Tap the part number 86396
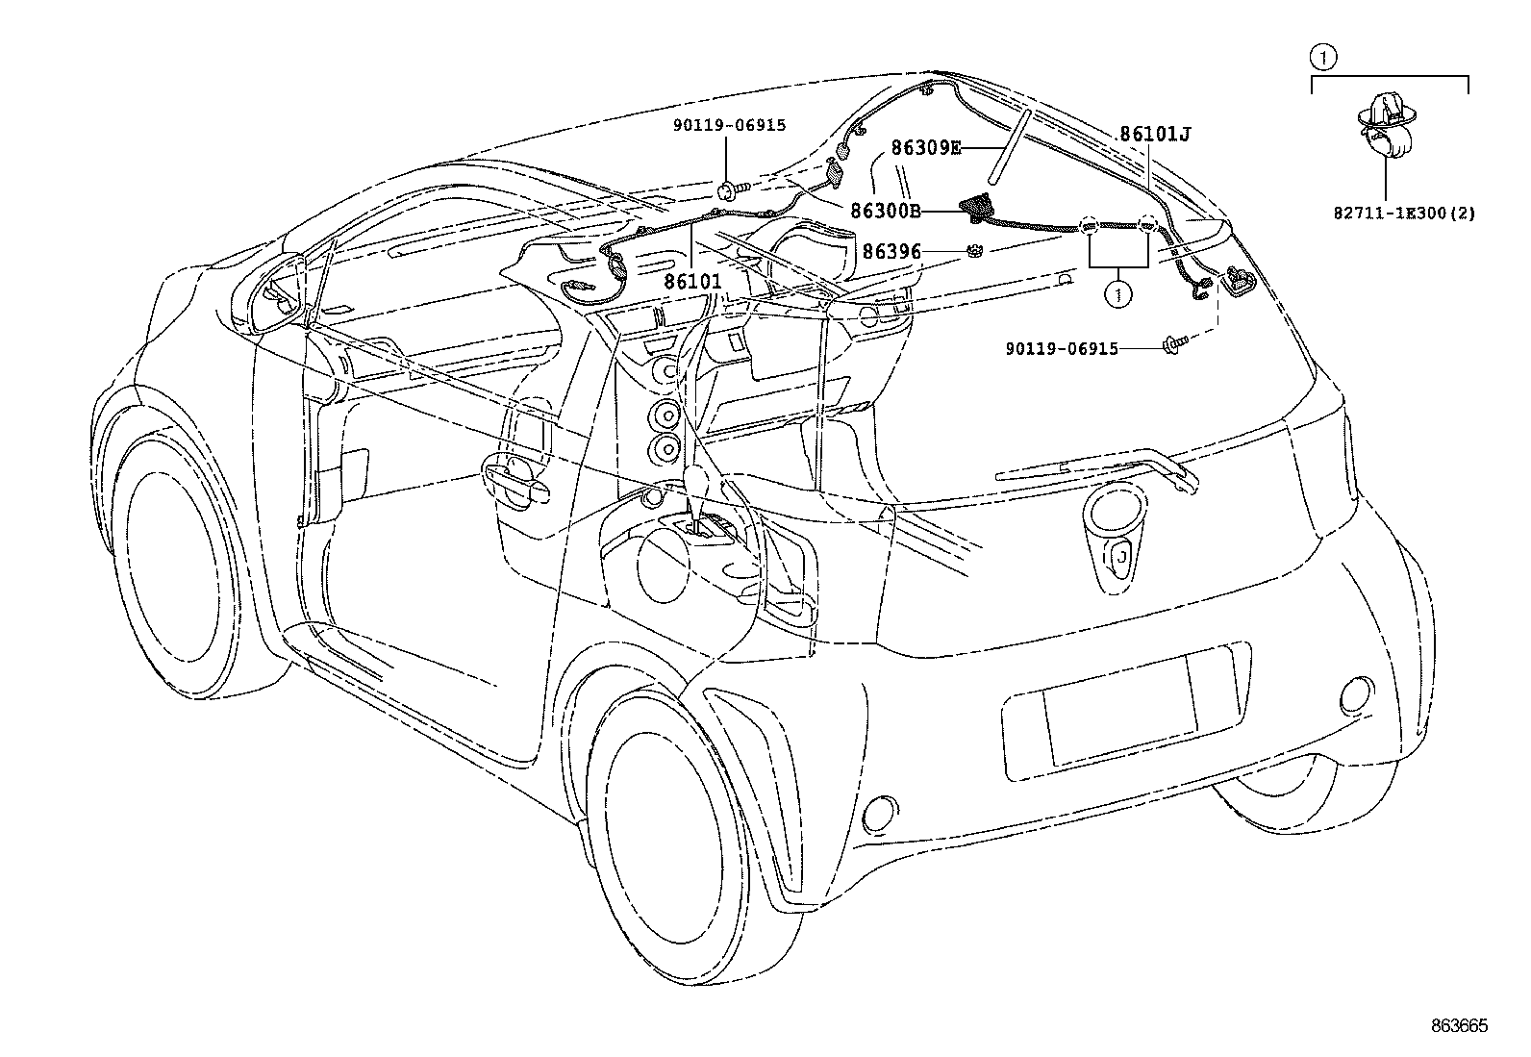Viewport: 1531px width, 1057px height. (891, 252)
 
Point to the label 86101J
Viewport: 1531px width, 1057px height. (1154, 135)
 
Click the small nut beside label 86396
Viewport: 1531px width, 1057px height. (973, 252)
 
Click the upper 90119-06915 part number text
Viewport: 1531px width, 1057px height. (729, 125)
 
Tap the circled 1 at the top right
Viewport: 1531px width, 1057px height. (1323, 58)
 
